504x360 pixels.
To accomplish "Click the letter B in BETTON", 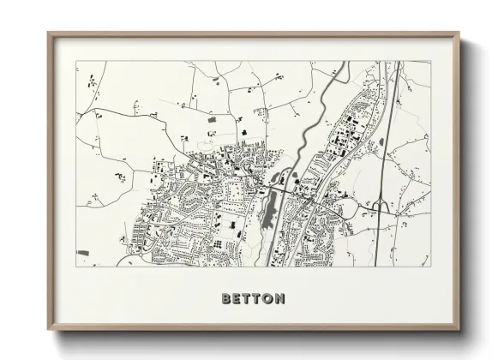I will (x=226, y=299).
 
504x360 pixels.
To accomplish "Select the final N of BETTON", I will (x=279, y=299).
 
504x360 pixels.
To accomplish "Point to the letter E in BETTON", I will (x=237, y=299).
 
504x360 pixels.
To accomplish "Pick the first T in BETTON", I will (x=246, y=299).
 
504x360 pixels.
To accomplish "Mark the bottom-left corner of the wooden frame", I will (x=49, y=330).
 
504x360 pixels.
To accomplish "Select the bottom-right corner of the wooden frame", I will (x=459, y=330).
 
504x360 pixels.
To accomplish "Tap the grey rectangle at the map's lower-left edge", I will (x=83, y=254).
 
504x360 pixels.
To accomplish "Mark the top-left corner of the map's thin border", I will (x=76, y=61).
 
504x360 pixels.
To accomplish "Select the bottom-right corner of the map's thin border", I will (x=430, y=267).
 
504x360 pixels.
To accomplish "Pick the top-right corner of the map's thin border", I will (x=430, y=61).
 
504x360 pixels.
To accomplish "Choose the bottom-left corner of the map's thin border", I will (x=76, y=267).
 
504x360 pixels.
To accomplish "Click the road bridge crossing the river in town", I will (x=284, y=183).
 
